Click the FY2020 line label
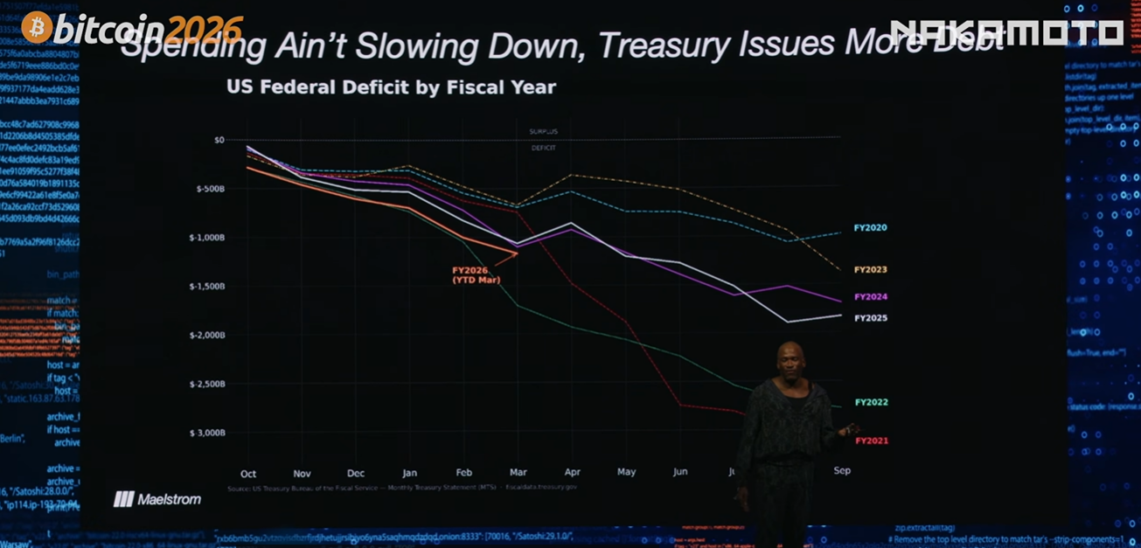(870, 228)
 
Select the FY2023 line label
(870, 270)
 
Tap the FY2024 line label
(870, 297)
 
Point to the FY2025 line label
(870, 318)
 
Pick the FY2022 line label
(871, 403)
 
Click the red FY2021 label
(871, 441)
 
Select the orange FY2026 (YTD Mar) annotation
(470, 275)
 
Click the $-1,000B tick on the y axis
(206, 238)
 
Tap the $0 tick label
(219, 140)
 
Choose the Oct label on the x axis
(248, 473)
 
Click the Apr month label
(573, 473)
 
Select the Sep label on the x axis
(842, 471)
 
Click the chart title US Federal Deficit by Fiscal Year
(391, 87)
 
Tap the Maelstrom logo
(157, 500)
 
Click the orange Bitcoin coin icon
(38, 28)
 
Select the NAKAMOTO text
(1006, 32)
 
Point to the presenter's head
(790, 359)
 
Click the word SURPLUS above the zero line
(543, 132)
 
